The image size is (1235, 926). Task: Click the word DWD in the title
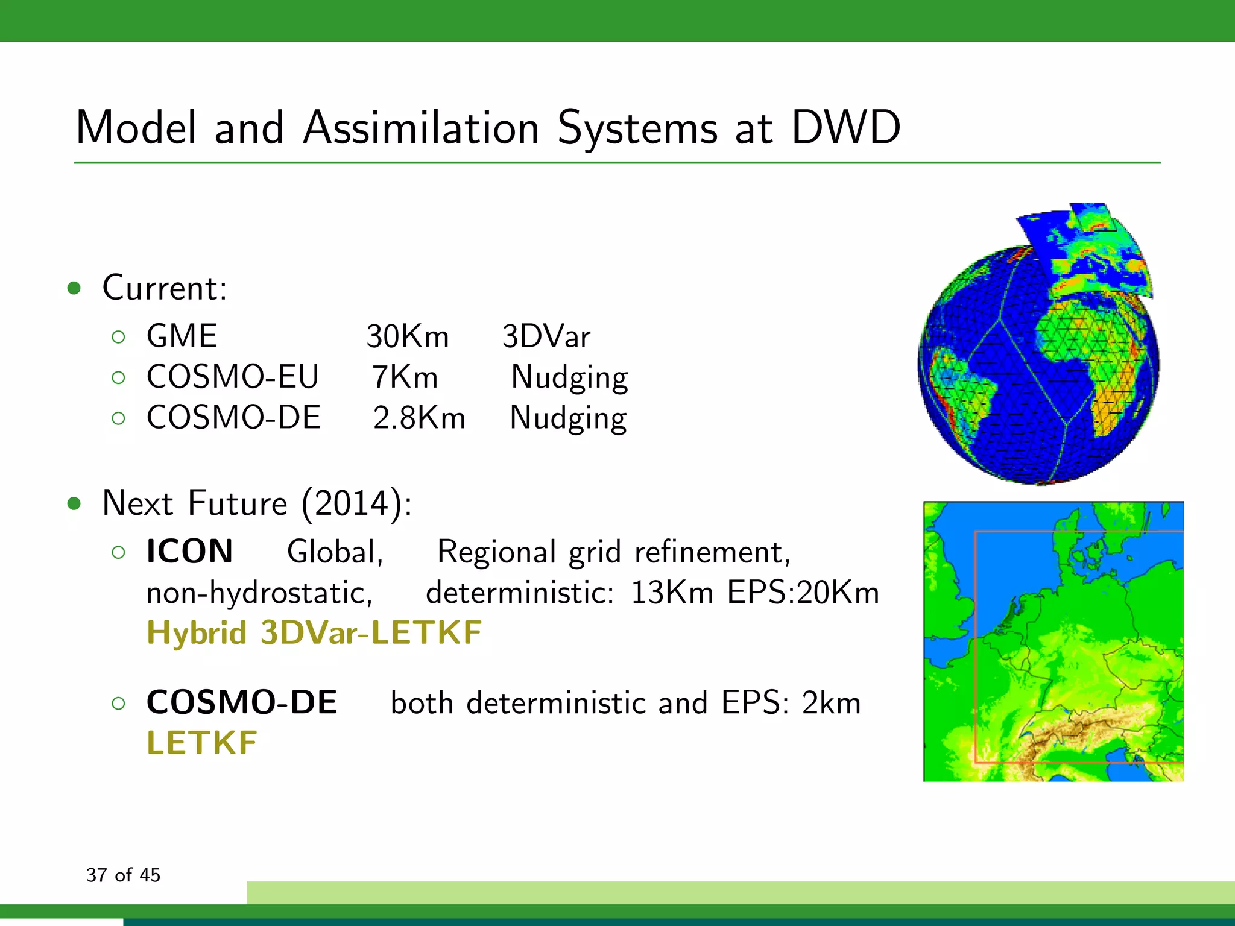tap(845, 128)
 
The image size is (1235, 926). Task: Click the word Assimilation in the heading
tap(420, 128)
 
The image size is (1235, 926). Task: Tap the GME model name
tap(182, 336)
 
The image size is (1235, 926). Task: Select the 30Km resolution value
tap(408, 336)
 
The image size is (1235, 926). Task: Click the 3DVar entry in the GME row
tap(546, 336)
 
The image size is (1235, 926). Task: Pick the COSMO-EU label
tap(232, 377)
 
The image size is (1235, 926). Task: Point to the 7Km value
tap(405, 377)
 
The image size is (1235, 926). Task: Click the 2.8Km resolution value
tap(419, 418)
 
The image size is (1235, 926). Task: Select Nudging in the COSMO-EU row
tap(569, 378)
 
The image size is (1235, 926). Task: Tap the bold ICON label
tap(189, 551)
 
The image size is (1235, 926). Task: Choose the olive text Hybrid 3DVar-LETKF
tap(314, 633)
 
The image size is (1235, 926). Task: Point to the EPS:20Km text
tap(803, 592)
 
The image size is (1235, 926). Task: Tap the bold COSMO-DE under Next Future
tap(242, 702)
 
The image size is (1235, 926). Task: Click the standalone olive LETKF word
tap(202, 743)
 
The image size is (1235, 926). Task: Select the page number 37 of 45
tap(123, 875)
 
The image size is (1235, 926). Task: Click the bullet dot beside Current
tap(74, 288)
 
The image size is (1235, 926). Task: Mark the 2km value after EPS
tap(831, 703)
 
